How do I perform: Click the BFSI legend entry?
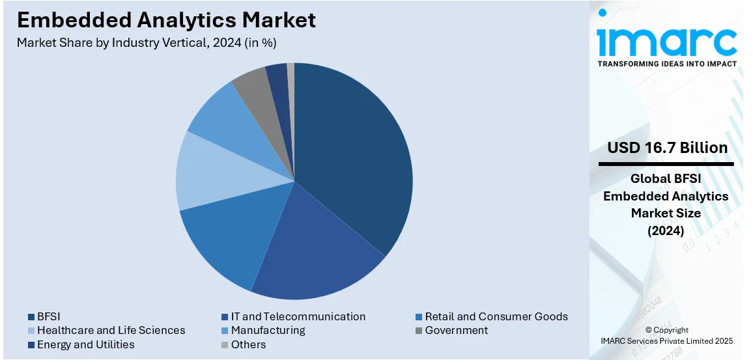[x=49, y=316]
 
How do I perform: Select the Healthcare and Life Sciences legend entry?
[x=111, y=330]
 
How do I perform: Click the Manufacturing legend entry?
[x=268, y=330]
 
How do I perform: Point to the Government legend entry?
[x=456, y=330]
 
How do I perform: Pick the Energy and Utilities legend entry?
[x=85, y=344]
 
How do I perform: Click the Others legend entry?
[x=248, y=344]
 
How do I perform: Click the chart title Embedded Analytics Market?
[x=166, y=20]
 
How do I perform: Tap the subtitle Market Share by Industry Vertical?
[x=147, y=43]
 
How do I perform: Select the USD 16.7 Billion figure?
[x=668, y=148]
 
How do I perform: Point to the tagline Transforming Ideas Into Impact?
[x=667, y=64]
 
